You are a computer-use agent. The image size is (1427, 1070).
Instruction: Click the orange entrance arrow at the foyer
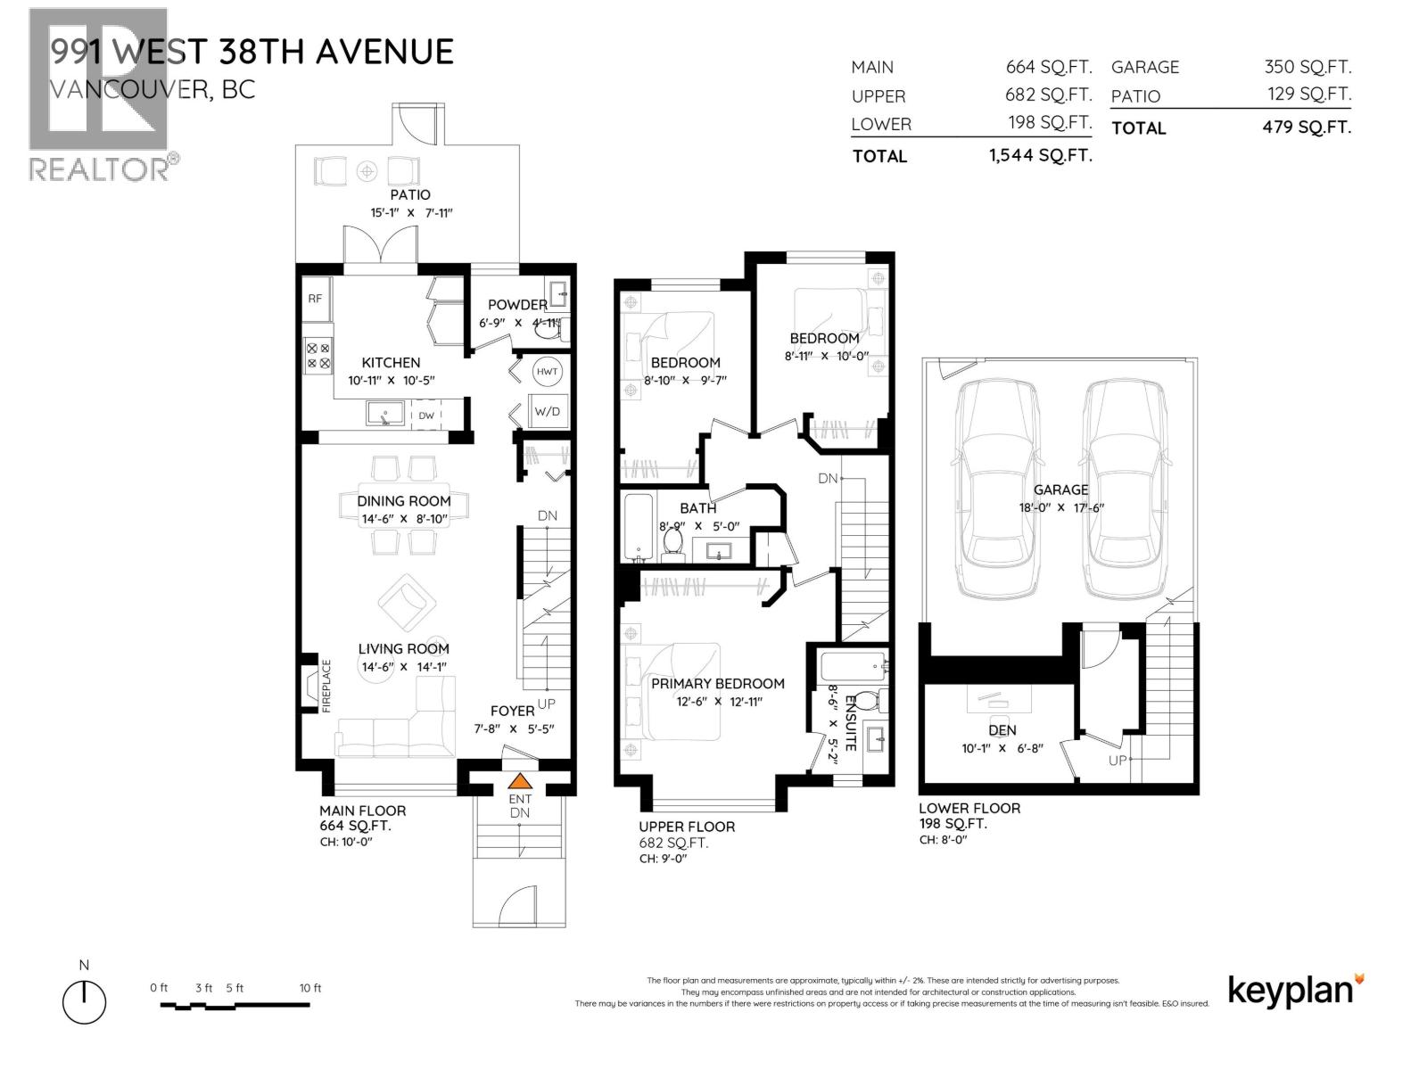coord(519,781)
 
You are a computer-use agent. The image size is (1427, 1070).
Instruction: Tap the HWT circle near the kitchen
coord(547,372)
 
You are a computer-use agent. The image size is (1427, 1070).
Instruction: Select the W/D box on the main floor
coord(547,411)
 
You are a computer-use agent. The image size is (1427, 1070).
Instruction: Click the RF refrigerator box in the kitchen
coord(315,299)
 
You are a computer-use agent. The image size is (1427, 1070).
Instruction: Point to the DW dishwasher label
coord(426,416)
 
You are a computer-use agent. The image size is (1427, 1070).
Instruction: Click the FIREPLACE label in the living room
coord(326,686)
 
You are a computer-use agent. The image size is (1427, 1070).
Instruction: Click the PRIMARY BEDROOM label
coord(717,684)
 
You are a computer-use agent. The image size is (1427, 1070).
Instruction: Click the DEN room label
coord(1002,730)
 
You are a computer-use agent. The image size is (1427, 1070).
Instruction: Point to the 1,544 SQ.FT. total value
coord(1040,155)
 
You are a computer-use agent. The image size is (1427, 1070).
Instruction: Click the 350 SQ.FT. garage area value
coord(1307,67)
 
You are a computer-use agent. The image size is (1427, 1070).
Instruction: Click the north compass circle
coord(84,1001)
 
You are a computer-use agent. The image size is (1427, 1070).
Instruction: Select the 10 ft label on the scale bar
coord(309,988)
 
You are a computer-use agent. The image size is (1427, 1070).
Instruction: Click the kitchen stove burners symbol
coord(318,356)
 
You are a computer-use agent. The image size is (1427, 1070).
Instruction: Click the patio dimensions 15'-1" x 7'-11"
coord(410,213)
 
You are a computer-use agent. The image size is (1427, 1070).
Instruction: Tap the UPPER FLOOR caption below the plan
coord(687,827)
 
